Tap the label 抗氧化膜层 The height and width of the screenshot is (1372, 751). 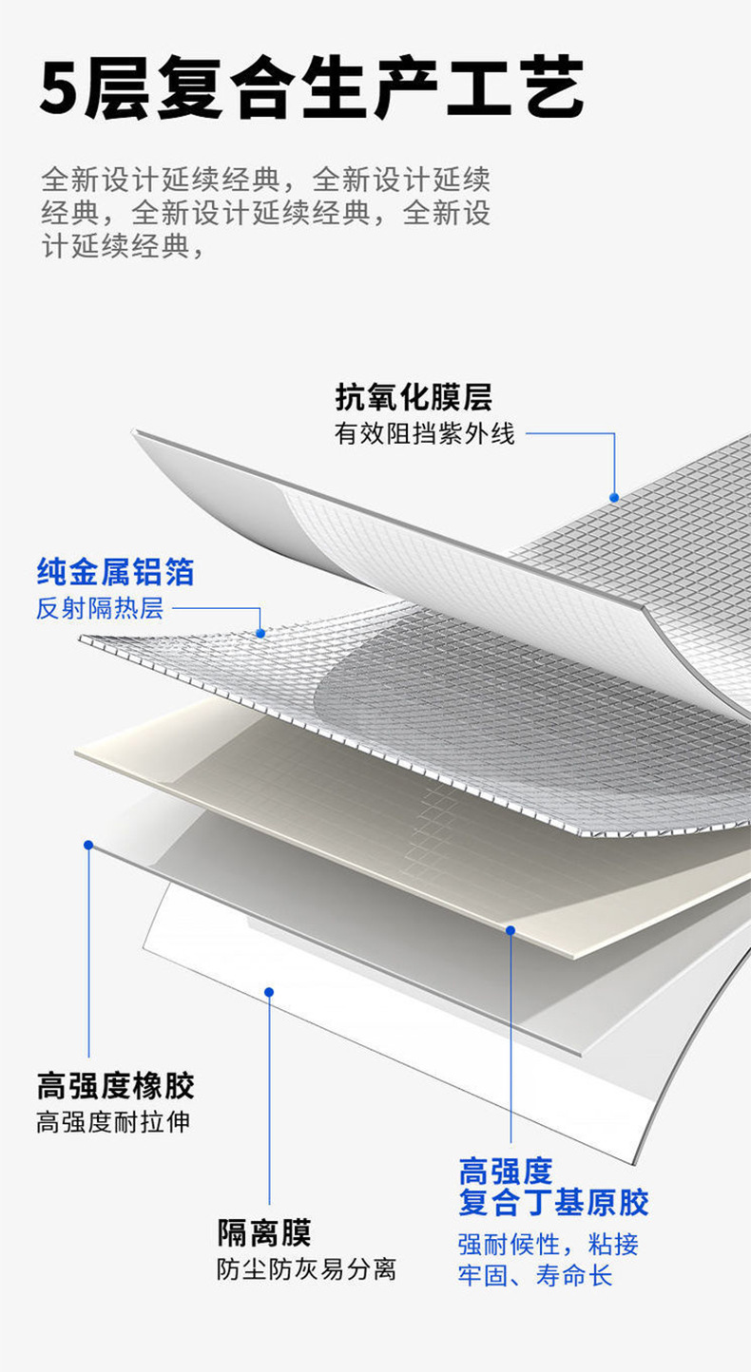coord(414,396)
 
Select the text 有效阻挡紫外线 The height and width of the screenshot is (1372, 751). coord(424,433)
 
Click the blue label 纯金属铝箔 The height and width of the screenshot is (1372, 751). coord(115,572)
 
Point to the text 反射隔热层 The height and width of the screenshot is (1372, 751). coord(100,608)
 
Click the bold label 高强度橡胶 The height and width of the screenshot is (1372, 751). coord(115,1084)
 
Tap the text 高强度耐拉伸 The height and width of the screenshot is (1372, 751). coord(113,1121)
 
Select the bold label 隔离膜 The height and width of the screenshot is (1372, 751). coord(263,1232)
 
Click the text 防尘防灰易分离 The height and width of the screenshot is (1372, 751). coord(306,1268)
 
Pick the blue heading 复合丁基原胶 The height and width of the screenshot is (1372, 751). coord(553,1202)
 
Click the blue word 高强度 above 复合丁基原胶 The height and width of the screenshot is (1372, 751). coord(505,1171)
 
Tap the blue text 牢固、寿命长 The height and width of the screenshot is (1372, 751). coord(535,1275)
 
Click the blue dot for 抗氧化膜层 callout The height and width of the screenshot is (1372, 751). coord(614,497)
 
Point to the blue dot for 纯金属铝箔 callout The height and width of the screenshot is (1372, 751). coord(260,633)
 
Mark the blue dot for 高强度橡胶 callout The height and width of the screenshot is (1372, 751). coord(88,844)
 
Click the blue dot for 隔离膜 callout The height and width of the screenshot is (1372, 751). coord(269,992)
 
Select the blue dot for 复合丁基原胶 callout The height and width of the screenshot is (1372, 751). coord(510,930)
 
